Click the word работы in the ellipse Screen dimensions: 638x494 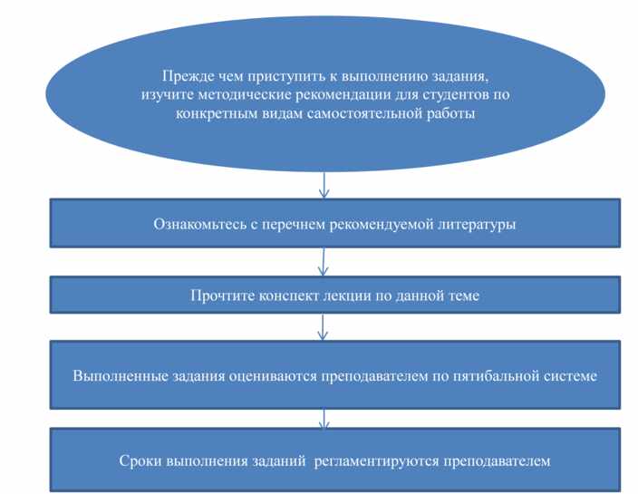(x=450, y=113)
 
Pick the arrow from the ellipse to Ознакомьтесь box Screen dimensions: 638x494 (x=324, y=185)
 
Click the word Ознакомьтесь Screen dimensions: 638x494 (x=199, y=224)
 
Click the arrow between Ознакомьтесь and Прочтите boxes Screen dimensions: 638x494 (x=323, y=262)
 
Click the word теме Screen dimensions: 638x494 (x=463, y=295)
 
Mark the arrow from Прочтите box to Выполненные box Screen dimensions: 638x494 (x=323, y=326)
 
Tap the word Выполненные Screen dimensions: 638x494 (x=121, y=375)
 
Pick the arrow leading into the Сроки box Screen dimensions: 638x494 (x=324, y=419)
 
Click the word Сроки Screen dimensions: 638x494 (x=141, y=461)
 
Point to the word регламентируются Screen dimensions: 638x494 (x=377, y=461)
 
